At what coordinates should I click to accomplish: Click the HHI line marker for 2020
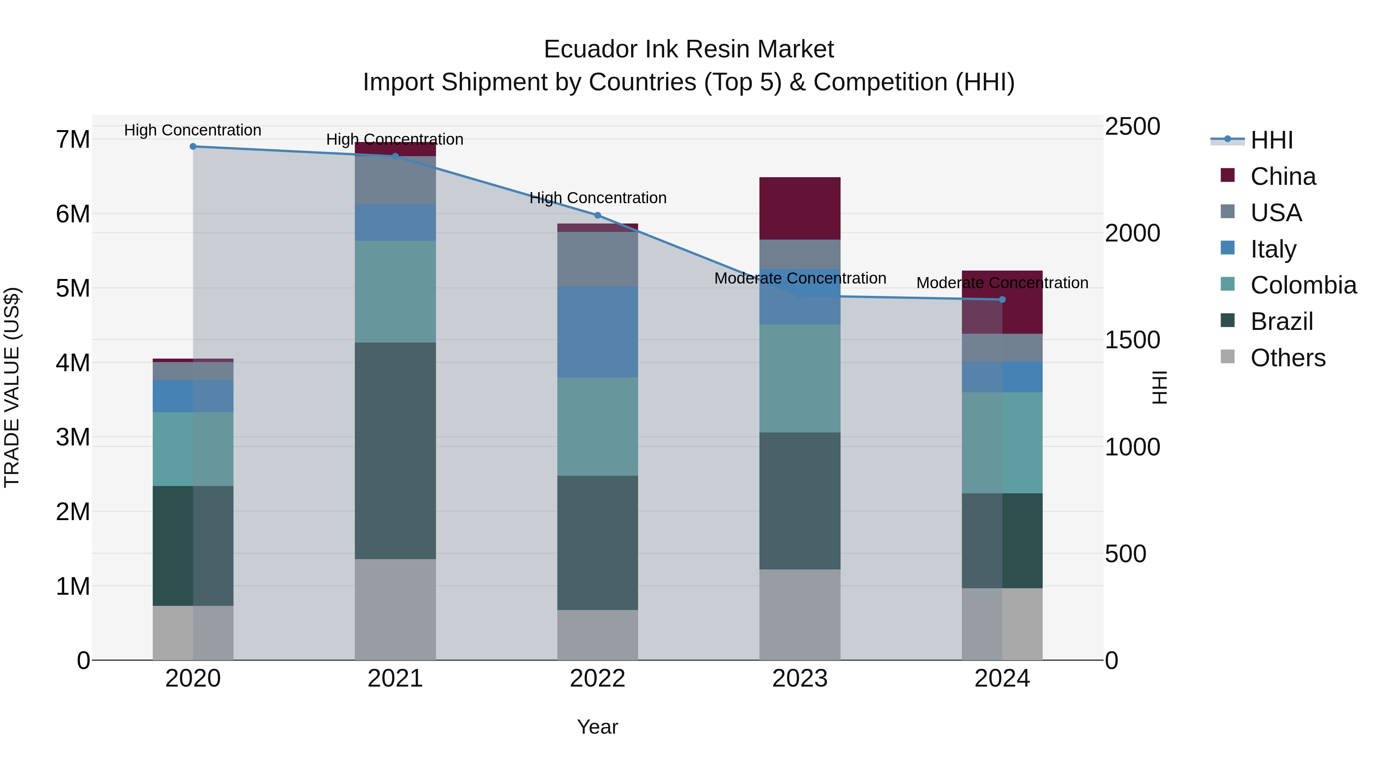click(193, 147)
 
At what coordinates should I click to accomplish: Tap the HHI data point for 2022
click(598, 215)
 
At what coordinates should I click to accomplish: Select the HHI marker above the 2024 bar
click(1002, 300)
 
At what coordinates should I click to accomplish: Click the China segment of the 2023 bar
click(800, 208)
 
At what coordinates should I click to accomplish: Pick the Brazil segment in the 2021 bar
click(395, 450)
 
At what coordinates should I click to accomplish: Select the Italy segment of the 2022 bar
click(598, 331)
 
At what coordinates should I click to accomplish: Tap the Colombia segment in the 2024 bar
click(1002, 442)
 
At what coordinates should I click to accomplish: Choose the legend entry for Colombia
click(1303, 285)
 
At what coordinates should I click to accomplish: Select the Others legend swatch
click(1228, 357)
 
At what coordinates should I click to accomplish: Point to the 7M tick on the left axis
click(73, 140)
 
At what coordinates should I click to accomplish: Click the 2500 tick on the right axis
click(1133, 127)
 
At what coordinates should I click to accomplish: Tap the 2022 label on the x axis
click(598, 678)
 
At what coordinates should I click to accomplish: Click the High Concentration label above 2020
click(193, 130)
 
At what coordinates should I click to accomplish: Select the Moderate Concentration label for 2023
click(800, 278)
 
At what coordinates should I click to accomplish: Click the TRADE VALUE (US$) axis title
click(12, 387)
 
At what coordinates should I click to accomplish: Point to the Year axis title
click(598, 727)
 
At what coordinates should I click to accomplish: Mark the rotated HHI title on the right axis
click(1159, 387)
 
